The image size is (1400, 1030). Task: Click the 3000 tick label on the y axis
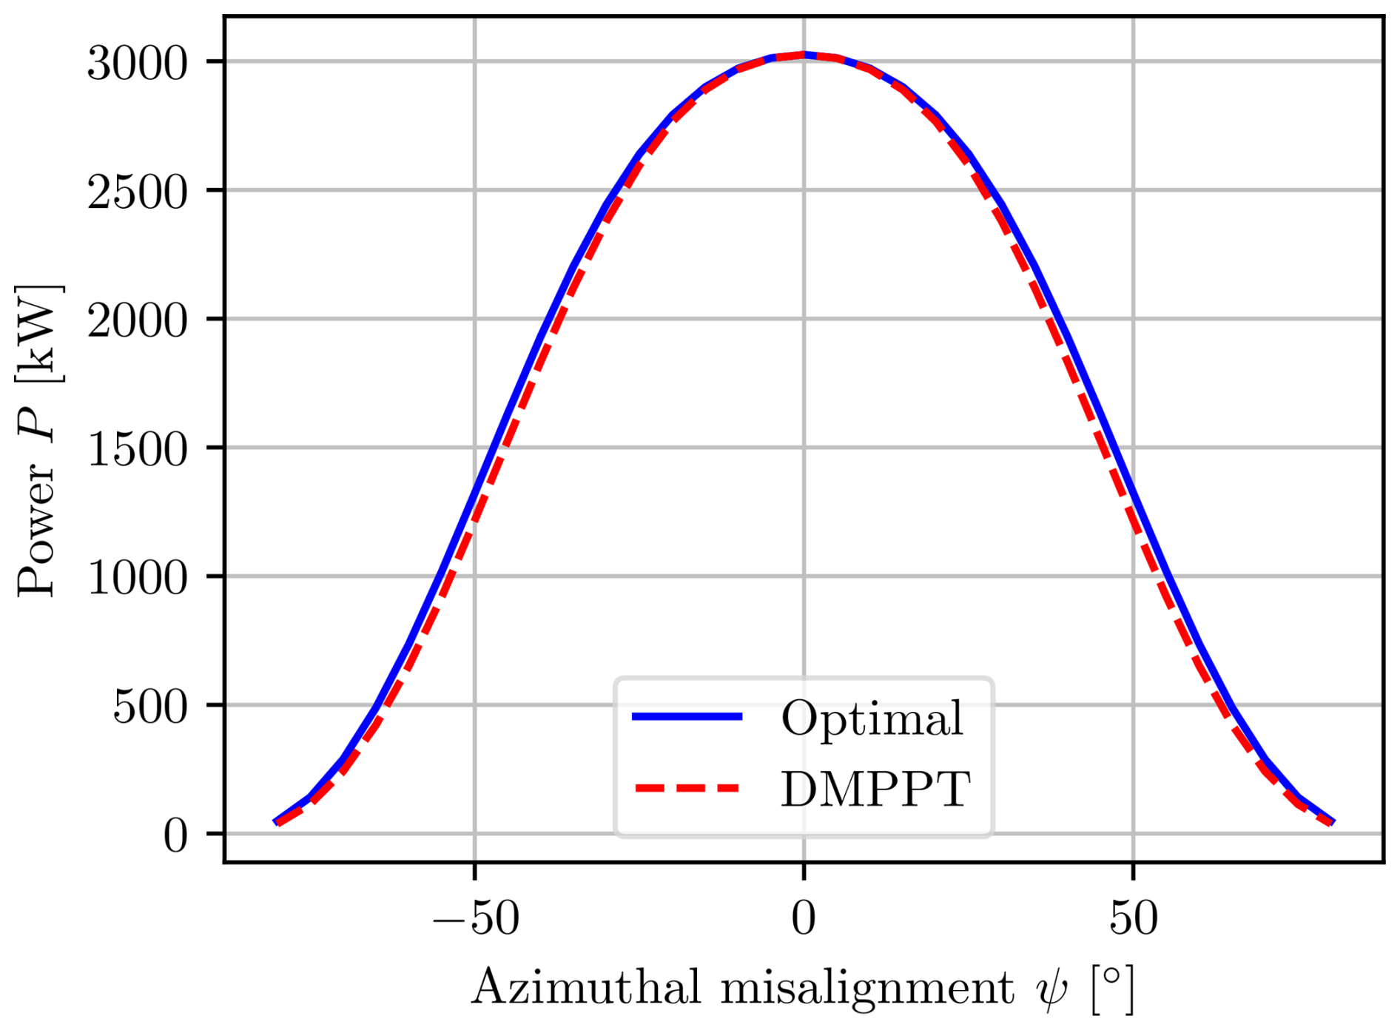click(x=138, y=64)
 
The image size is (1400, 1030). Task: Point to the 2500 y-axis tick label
click(x=138, y=192)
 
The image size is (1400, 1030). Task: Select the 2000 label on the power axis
click(x=138, y=321)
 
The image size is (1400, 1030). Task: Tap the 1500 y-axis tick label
click(x=138, y=450)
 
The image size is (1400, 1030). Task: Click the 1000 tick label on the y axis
click(x=138, y=579)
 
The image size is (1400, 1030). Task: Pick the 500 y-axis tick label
click(x=150, y=707)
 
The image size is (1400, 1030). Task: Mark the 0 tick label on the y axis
click(x=175, y=836)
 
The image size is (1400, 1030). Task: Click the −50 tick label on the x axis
click(x=476, y=919)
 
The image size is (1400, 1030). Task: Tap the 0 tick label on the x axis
click(x=804, y=919)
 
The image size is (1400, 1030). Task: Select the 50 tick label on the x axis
click(x=1133, y=919)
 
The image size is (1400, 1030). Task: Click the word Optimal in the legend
click(x=872, y=718)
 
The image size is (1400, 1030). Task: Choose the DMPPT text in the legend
click(x=875, y=789)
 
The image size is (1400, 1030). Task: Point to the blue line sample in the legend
click(x=687, y=716)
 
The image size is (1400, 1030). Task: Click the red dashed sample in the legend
click(x=687, y=787)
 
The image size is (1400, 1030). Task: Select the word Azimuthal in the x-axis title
click(x=585, y=988)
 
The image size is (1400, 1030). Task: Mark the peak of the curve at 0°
click(x=804, y=55)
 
